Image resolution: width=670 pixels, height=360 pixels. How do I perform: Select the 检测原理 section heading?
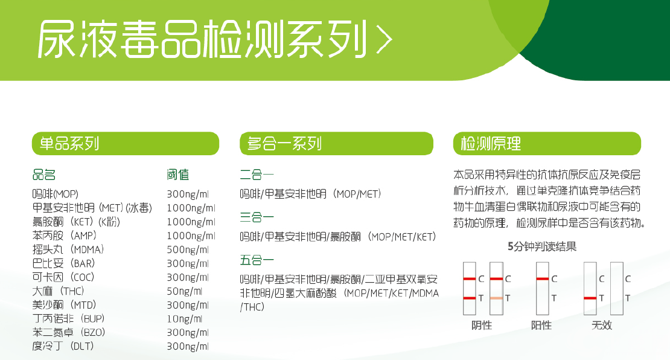(x=491, y=144)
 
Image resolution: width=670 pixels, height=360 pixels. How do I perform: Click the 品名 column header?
(x=44, y=175)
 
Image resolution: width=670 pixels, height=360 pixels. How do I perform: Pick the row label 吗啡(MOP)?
(x=56, y=194)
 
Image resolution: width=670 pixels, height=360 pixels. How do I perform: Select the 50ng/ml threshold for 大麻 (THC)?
(x=184, y=291)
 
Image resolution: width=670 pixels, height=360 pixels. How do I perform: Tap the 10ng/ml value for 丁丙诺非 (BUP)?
(x=184, y=318)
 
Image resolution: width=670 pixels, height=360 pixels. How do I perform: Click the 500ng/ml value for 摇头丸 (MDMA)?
(x=187, y=249)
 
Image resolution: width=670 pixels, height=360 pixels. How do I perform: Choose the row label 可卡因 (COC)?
(x=64, y=277)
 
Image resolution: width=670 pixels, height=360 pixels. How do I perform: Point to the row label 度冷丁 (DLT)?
(x=63, y=346)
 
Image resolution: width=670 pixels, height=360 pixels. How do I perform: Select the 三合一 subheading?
(x=257, y=216)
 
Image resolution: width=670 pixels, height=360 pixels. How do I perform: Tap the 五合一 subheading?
(x=257, y=260)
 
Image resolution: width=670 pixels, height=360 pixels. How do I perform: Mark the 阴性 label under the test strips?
(x=482, y=325)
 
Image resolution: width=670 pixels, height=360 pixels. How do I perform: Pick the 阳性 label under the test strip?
(x=541, y=325)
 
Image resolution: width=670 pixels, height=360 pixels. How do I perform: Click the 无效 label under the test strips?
(x=602, y=325)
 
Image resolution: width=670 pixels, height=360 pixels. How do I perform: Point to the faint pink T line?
(x=497, y=298)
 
